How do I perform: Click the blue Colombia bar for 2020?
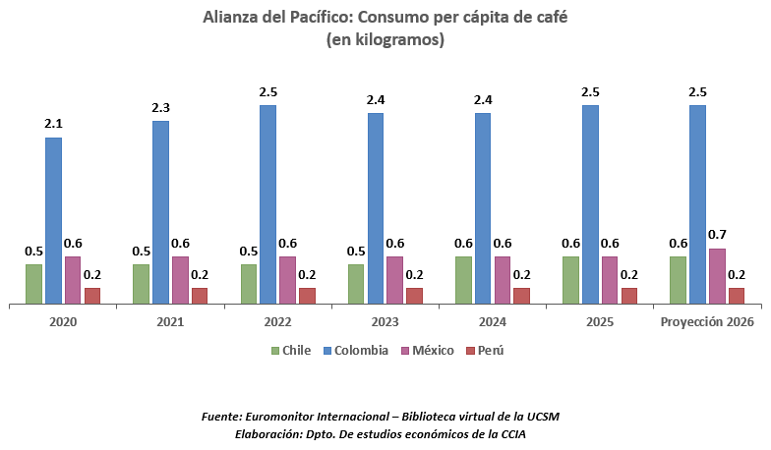point(53,220)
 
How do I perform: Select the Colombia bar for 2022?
point(267,204)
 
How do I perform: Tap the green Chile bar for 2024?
point(463,280)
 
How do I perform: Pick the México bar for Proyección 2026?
point(717,276)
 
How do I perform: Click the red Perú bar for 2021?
point(200,296)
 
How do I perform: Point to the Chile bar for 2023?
point(356,284)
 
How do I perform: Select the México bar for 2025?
point(610,280)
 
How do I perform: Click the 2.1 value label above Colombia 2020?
point(53,123)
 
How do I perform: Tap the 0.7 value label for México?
point(717,234)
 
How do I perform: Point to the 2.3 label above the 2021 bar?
point(160,106)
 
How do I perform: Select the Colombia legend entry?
point(355,351)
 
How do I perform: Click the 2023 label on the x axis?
point(385,321)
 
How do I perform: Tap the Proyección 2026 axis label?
point(708,321)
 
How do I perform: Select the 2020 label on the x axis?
point(63,321)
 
